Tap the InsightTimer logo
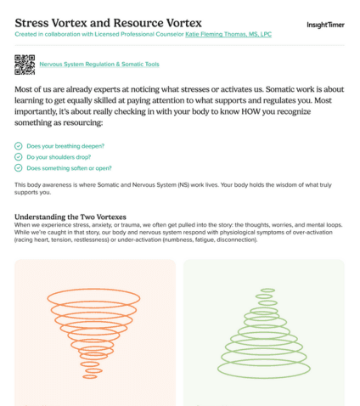click(x=325, y=25)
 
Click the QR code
click(x=25, y=64)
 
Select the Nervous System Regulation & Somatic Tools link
click(x=99, y=64)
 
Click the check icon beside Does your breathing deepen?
click(x=19, y=146)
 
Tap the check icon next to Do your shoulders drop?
click(x=19, y=157)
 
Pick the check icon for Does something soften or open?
click(x=19, y=168)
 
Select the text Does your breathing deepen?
click(x=61, y=146)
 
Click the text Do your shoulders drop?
click(x=57, y=157)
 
